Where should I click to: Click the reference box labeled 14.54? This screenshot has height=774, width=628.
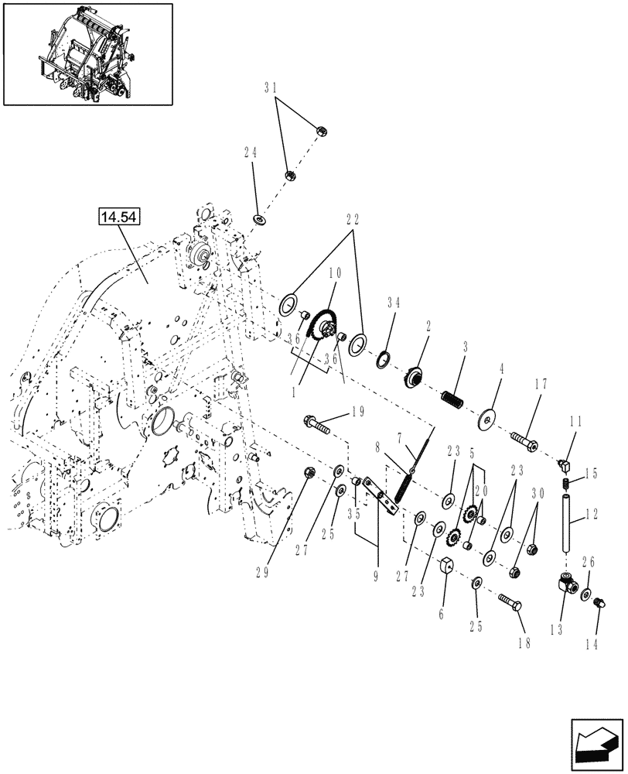pos(118,217)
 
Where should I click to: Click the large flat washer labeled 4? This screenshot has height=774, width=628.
pos(490,416)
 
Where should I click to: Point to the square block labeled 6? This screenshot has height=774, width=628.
pos(447,571)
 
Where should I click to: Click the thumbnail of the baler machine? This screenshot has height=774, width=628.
pos(87,53)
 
